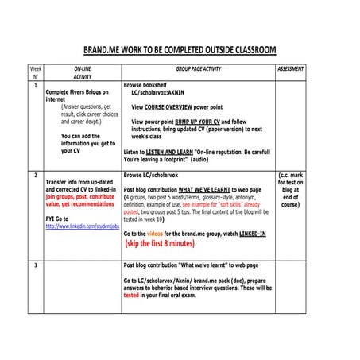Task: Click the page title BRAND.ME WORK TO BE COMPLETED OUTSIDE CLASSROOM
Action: (x=180, y=49)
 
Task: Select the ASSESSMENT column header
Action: (x=290, y=70)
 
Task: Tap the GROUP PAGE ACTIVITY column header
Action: (x=198, y=70)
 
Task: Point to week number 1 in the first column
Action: (x=37, y=85)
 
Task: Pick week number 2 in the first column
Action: (x=37, y=173)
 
